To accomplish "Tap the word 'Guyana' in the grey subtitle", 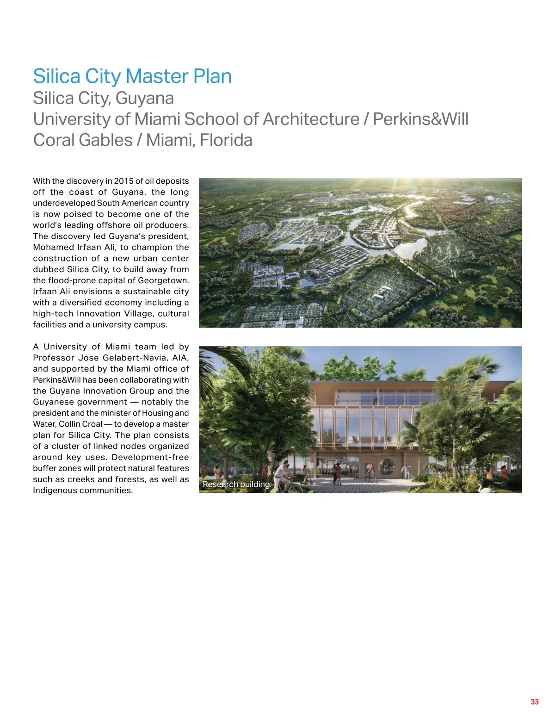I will (144, 99).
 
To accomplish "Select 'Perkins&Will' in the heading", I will (420, 119).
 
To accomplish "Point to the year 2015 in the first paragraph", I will (123, 181).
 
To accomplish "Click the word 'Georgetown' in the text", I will (165, 280).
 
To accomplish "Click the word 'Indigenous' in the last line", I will (55, 491).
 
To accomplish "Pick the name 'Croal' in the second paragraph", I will (92, 424).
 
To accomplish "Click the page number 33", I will (535, 702).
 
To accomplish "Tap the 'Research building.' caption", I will (237, 485).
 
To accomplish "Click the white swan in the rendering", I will (485, 487).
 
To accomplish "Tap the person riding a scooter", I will (306, 474).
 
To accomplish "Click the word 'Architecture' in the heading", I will (311, 119).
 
